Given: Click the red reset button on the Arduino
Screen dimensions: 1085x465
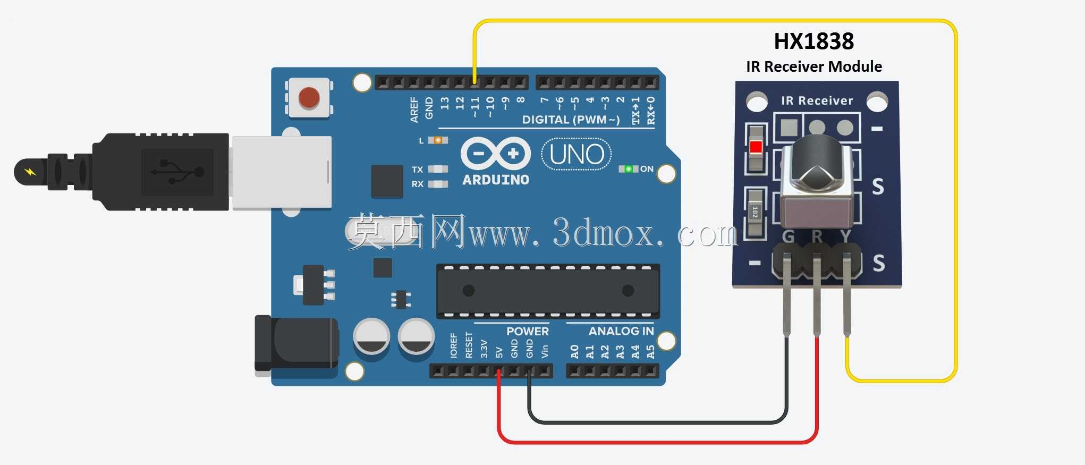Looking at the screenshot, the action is (309, 98).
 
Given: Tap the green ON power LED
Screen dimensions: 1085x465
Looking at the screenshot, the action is (628, 169).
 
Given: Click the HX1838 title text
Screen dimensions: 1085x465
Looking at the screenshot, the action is (813, 41).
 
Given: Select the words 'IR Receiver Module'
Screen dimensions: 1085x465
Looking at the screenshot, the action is (813, 66).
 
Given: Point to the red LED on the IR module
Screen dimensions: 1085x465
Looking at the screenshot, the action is (756, 147).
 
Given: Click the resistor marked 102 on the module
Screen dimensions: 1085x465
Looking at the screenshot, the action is (755, 213).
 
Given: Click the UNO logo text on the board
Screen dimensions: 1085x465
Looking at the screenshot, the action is (577, 155).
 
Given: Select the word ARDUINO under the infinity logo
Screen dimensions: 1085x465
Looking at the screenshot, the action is (496, 180).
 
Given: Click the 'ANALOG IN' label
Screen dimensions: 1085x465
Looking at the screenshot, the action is (621, 331).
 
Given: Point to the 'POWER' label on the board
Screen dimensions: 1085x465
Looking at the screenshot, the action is (527, 331).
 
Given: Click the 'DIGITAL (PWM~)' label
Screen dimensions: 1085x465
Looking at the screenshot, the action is (571, 120).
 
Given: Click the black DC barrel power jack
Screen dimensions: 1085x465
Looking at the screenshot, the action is (296, 343).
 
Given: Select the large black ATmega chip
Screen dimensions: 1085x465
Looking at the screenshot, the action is (548, 291).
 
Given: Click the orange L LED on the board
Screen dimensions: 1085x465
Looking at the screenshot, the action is (438, 140).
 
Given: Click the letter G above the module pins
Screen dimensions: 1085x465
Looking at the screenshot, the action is (789, 236).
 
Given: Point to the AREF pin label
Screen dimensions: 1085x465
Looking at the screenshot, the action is (414, 110).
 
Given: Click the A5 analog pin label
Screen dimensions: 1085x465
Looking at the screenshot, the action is (650, 352).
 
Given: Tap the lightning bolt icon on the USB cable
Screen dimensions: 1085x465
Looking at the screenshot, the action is (30, 172).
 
